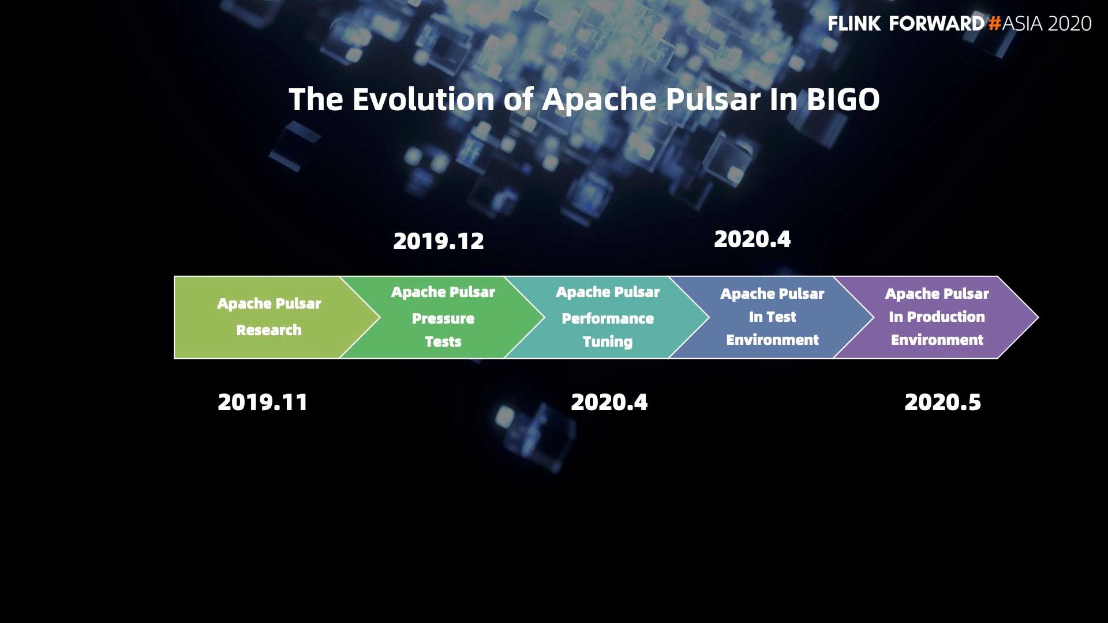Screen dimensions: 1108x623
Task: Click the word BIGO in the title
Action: [x=843, y=100]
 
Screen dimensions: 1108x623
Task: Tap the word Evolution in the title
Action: [x=424, y=100]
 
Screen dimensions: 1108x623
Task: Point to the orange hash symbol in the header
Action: [x=994, y=24]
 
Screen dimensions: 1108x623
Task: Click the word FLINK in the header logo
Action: [x=854, y=24]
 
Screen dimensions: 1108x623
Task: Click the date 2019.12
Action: [x=439, y=241]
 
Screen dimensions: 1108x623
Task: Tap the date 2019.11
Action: [x=263, y=402]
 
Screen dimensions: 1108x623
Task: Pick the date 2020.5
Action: [x=942, y=402]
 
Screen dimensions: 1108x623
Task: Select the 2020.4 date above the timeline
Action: [x=752, y=239]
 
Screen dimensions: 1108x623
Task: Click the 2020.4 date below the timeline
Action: [x=609, y=402]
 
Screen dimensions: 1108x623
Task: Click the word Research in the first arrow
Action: [x=269, y=330]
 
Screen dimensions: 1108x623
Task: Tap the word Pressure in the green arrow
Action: [x=443, y=318]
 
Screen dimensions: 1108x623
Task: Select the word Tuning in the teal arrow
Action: [x=608, y=342]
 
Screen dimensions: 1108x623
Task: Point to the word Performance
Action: [x=608, y=318]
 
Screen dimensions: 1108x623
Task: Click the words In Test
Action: [x=772, y=317]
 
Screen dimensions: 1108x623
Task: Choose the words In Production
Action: [x=937, y=317]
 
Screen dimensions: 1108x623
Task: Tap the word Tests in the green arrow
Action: [x=443, y=341]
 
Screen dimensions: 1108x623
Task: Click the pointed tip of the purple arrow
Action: [x=1038, y=317]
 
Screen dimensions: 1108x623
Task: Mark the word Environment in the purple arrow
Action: [x=937, y=340]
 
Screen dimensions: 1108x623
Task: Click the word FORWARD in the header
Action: [x=937, y=24]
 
